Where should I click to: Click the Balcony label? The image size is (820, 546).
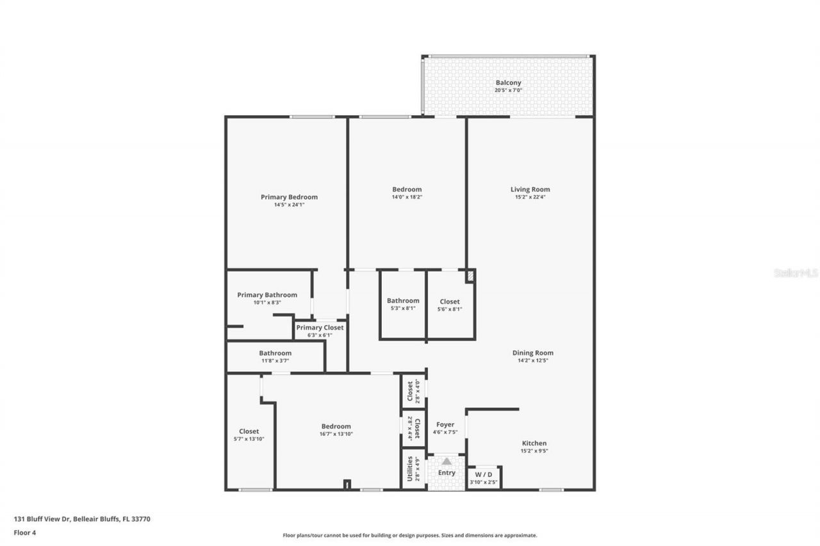(x=507, y=83)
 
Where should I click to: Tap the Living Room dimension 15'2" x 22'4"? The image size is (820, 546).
(x=530, y=197)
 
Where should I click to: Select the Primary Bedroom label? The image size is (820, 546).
(x=289, y=197)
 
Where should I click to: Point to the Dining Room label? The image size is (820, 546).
(x=532, y=353)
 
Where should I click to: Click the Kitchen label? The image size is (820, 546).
(x=534, y=443)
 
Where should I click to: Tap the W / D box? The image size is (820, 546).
(x=484, y=477)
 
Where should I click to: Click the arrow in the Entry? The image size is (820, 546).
(x=446, y=461)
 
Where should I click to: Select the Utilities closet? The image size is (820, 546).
(x=413, y=469)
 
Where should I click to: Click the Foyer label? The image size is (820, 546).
(x=445, y=424)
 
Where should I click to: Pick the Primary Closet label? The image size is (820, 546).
(x=320, y=328)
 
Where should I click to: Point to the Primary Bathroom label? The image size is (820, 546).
(x=267, y=295)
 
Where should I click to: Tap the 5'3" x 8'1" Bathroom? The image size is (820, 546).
(x=403, y=305)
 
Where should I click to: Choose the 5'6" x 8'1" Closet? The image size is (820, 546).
(x=449, y=305)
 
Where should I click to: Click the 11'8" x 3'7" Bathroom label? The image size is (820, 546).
(x=275, y=353)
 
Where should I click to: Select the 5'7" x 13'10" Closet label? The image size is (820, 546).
(x=249, y=431)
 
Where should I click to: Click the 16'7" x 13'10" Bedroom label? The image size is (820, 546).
(x=336, y=426)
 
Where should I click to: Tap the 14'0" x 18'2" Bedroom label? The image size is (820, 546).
(x=407, y=189)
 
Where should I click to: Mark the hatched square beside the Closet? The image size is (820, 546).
(x=470, y=276)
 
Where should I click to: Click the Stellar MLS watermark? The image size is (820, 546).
(x=796, y=273)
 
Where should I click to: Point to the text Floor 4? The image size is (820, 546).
(x=24, y=532)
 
